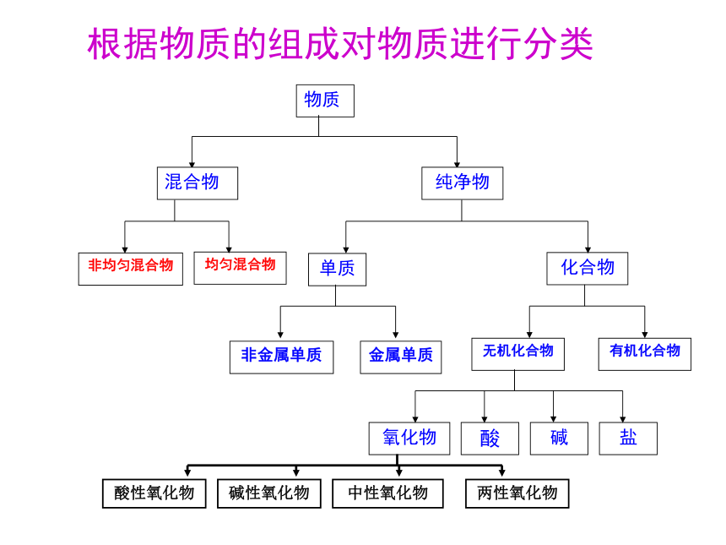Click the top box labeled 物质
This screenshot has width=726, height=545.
[325, 101]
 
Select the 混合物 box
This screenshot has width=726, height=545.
[198, 183]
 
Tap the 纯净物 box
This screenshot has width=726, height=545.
[462, 183]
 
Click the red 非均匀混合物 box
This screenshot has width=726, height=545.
[131, 269]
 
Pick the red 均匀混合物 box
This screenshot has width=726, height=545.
[240, 268]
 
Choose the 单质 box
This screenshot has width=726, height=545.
[337, 270]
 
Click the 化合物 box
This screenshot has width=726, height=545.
[587, 269]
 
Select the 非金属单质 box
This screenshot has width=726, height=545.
[281, 357]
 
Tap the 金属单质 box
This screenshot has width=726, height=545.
[401, 357]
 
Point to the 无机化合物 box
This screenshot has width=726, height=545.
[517, 354]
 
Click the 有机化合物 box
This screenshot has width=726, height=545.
[644, 354]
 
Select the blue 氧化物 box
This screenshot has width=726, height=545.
[409, 439]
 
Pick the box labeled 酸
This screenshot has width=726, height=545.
[490, 439]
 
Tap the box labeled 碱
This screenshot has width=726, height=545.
[559, 439]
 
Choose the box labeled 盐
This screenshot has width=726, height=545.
[628, 439]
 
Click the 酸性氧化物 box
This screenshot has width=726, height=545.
[154, 493]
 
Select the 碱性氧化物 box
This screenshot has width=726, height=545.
[269, 493]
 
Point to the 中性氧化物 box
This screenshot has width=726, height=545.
[387, 493]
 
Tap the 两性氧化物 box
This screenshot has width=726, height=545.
[517, 493]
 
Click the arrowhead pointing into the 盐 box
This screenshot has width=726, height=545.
[622, 419]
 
